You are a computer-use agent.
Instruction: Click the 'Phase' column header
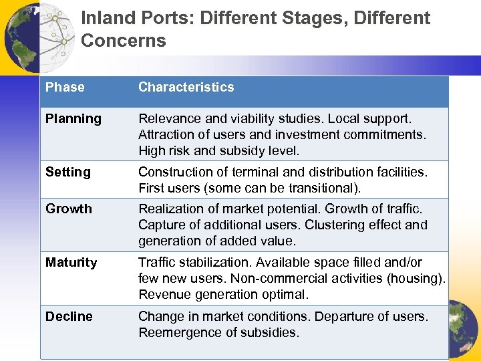click(x=65, y=87)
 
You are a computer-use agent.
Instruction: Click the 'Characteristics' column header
click(x=186, y=87)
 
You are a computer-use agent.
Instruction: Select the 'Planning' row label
click(x=73, y=119)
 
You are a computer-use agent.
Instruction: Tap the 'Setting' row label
click(x=67, y=172)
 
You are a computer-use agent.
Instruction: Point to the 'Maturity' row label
click(x=71, y=263)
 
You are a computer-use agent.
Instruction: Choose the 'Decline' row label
click(x=69, y=316)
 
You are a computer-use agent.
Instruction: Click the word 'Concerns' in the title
click(x=123, y=41)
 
